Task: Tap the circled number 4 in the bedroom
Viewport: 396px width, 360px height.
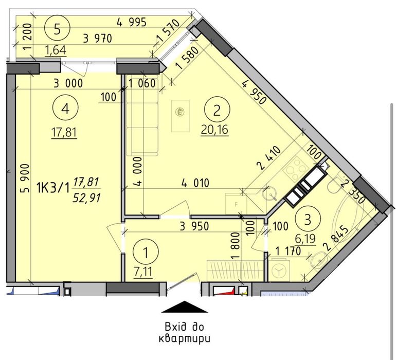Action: point(65,109)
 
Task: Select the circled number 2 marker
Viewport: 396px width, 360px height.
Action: point(217,111)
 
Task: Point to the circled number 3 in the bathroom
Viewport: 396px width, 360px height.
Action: point(308,220)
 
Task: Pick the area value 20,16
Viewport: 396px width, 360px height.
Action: point(214,130)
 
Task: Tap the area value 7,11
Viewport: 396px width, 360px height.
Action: point(143,273)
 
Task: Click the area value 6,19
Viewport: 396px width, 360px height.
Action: point(305,239)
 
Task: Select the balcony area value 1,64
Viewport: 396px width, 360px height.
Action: point(56,50)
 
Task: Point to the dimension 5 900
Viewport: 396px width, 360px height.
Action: point(26,178)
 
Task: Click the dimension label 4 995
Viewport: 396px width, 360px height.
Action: point(132,23)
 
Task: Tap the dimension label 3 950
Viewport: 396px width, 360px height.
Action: point(194,226)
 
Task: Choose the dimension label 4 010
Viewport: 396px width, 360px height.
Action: point(195,183)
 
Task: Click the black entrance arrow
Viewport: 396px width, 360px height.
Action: point(185,307)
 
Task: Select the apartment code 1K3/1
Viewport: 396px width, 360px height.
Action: point(53,188)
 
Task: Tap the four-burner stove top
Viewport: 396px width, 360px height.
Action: point(295,169)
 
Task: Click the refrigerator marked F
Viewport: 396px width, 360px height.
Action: point(236,204)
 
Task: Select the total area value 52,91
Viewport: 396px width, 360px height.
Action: point(86,198)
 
